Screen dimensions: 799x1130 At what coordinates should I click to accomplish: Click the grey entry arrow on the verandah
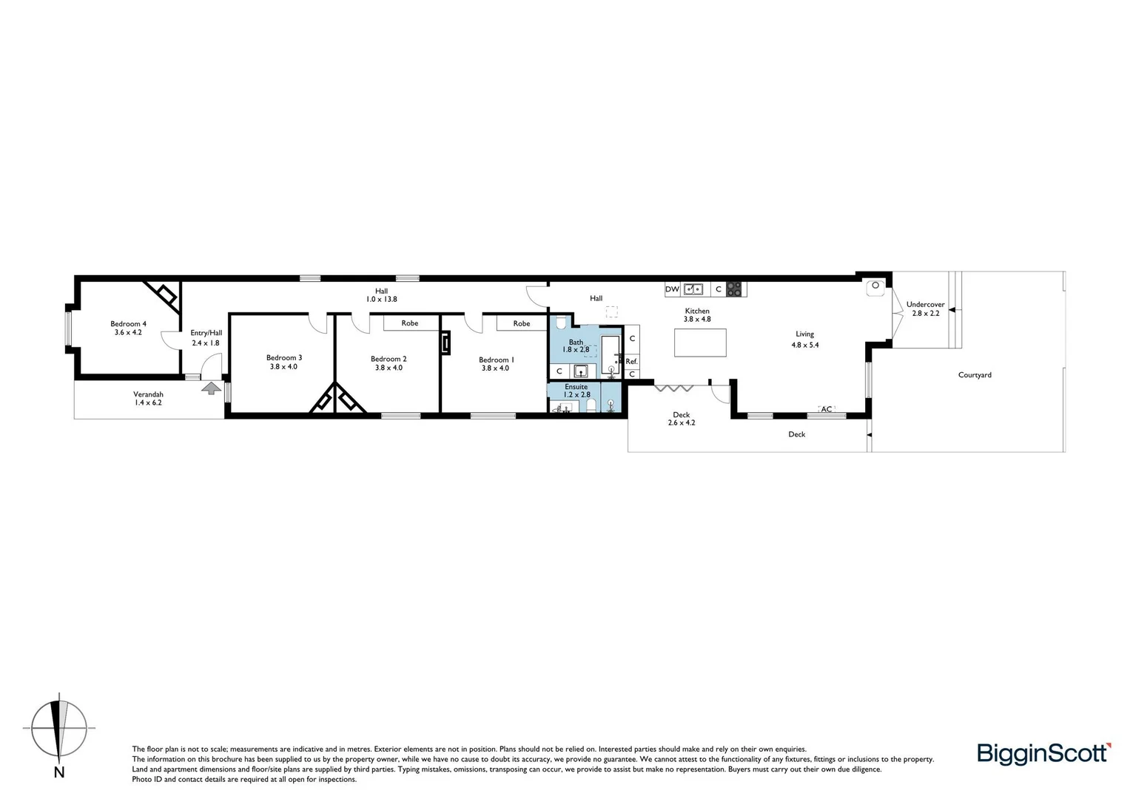tap(211, 387)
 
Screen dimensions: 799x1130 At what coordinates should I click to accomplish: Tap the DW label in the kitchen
tap(672, 289)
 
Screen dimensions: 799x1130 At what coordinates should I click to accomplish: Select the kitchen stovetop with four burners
tap(733, 289)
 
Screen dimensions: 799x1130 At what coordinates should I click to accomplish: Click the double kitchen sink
tap(693, 289)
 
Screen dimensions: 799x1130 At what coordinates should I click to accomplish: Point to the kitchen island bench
tap(700, 343)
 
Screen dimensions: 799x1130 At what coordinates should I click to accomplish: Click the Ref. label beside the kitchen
tap(631, 361)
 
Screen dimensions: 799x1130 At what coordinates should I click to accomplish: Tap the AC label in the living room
tap(827, 409)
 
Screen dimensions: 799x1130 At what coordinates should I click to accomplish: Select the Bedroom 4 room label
tap(128, 323)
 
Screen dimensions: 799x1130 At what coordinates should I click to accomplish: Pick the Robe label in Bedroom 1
tap(521, 323)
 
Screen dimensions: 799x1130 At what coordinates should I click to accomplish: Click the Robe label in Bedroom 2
tap(409, 323)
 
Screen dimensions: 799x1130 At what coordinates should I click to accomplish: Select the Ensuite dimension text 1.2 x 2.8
tap(576, 395)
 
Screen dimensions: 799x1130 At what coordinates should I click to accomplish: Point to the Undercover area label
tap(925, 304)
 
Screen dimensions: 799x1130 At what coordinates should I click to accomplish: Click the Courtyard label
tap(974, 375)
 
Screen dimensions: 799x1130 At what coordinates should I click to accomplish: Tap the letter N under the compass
tap(59, 773)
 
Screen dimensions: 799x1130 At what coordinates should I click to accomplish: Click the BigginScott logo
tap(1043, 753)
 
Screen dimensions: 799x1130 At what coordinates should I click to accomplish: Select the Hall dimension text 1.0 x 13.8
tap(381, 300)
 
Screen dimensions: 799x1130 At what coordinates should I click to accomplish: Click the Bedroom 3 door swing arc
tap(317, 323)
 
